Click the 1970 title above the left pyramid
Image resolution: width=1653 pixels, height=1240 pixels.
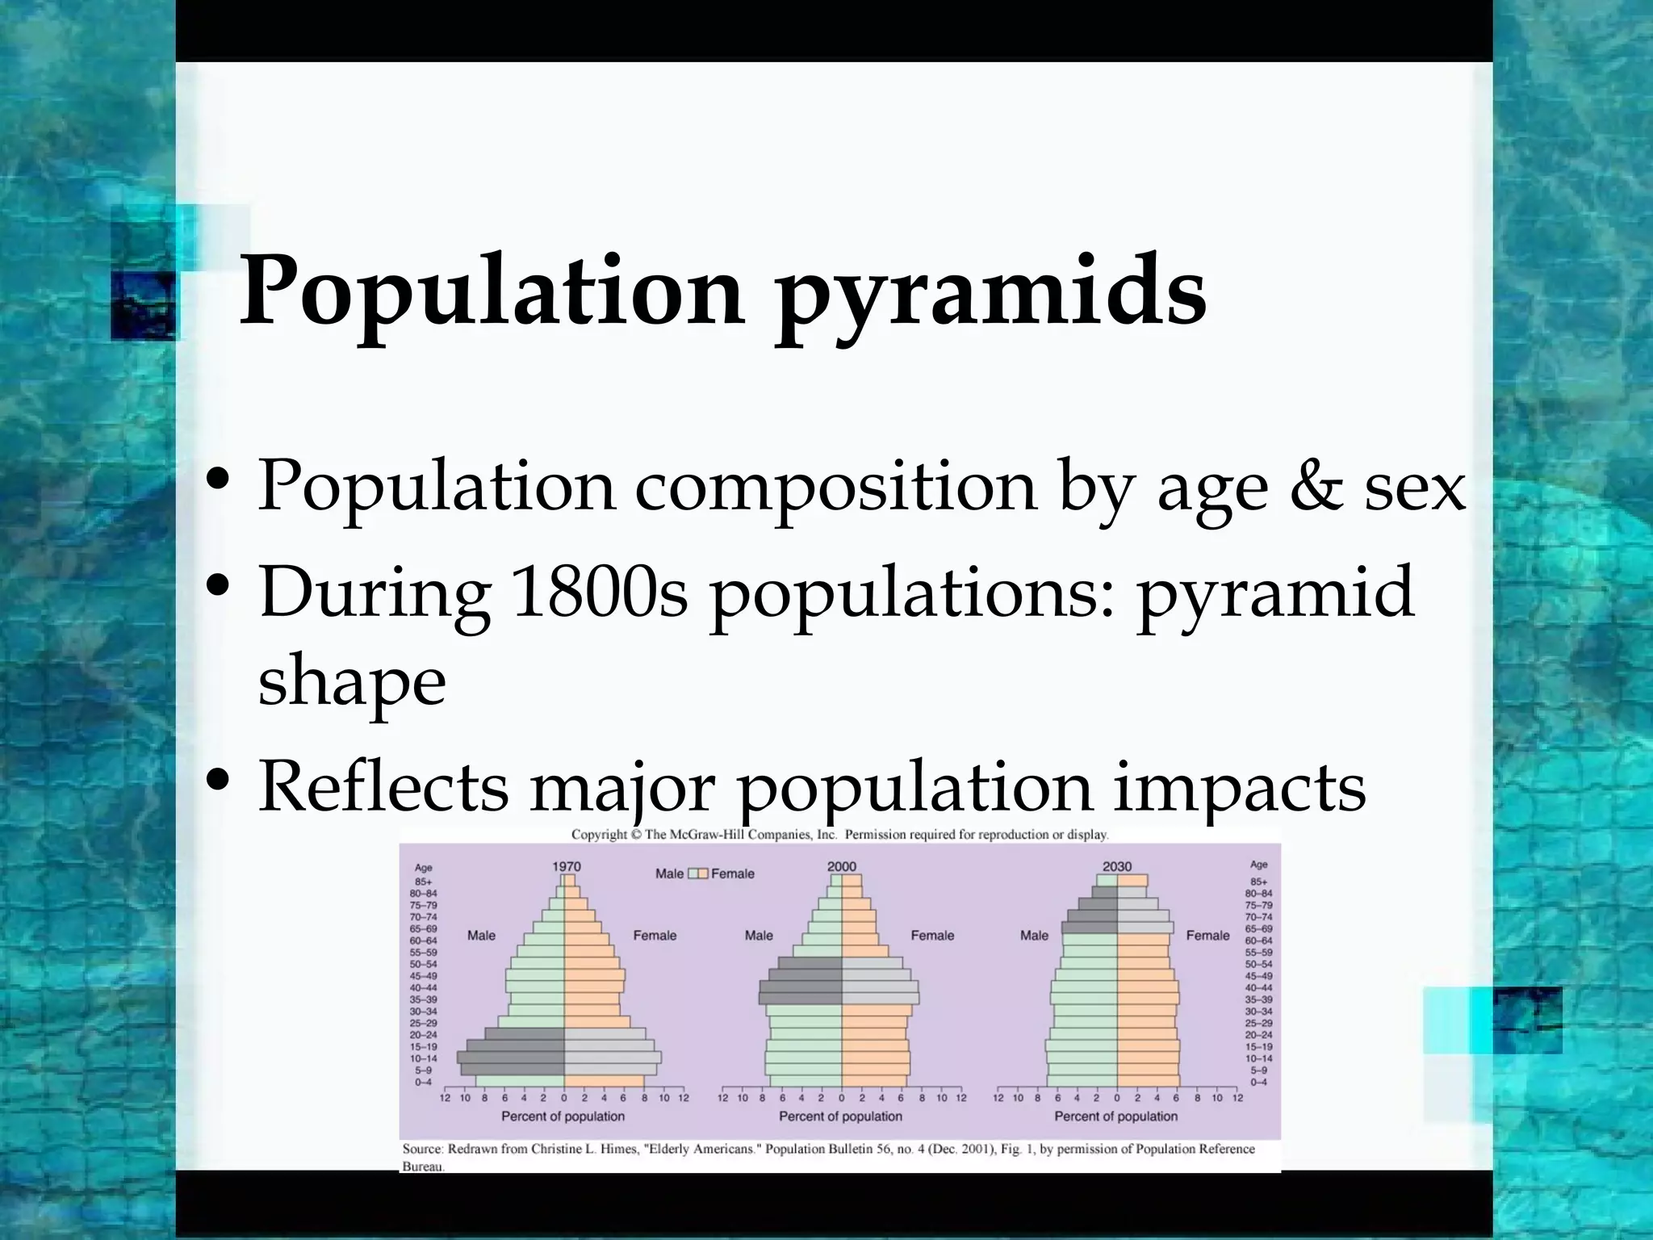click(x=567, y=866)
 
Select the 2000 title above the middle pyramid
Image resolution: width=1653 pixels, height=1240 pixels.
click(x=842, y=866)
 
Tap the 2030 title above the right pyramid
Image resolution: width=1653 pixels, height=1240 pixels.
click(x=1117, y=866)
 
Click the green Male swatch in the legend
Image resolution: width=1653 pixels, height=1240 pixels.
click(x=692, y=873)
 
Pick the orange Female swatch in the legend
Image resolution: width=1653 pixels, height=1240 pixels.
click(x=702, y=873)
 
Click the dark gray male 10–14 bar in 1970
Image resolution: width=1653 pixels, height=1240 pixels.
click(x=511, y=1058)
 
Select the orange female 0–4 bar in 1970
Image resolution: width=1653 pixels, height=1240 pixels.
click(x=604, y=1082)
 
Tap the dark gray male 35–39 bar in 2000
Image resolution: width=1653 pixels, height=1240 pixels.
click(x=801, y=999)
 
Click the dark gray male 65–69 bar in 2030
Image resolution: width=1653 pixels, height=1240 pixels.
click(x=1090, y=928)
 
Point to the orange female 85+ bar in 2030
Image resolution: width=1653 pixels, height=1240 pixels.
click(x=1132, y=881)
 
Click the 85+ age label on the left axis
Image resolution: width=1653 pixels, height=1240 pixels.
click(x=423, y=882)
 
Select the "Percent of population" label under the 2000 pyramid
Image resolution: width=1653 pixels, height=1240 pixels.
click(x=840, y=1116)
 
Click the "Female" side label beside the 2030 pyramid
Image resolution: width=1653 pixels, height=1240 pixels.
click(x=1207, y=936)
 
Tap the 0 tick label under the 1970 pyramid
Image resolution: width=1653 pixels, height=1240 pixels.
click(x=563, y=1098)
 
